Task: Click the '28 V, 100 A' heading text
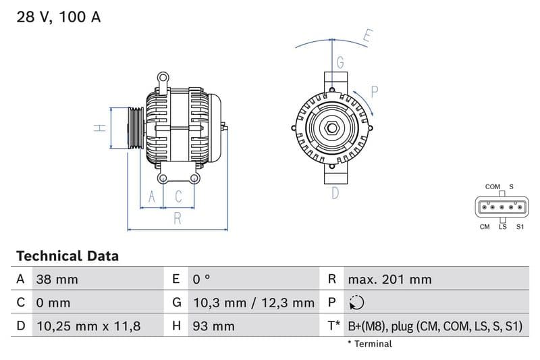coord(59,18)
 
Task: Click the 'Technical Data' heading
coord(67,256)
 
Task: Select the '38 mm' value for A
coord(57,279)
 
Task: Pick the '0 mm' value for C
coord(53,303)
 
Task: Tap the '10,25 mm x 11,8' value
coord(88,326)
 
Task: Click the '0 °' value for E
coord(201,279)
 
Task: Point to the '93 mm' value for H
coord(213,326)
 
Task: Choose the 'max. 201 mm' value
coord(389,279)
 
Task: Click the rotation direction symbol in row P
coord(357,303)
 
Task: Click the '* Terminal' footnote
coord(369,344)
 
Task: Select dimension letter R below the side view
coord(178,218)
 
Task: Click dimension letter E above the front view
coord(367,36)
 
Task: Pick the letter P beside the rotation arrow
coord(375,91)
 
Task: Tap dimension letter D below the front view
coord(335,193)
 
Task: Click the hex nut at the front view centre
coord(333,128)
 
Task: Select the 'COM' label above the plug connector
coord(492,186)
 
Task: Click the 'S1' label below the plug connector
coord(520,227)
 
